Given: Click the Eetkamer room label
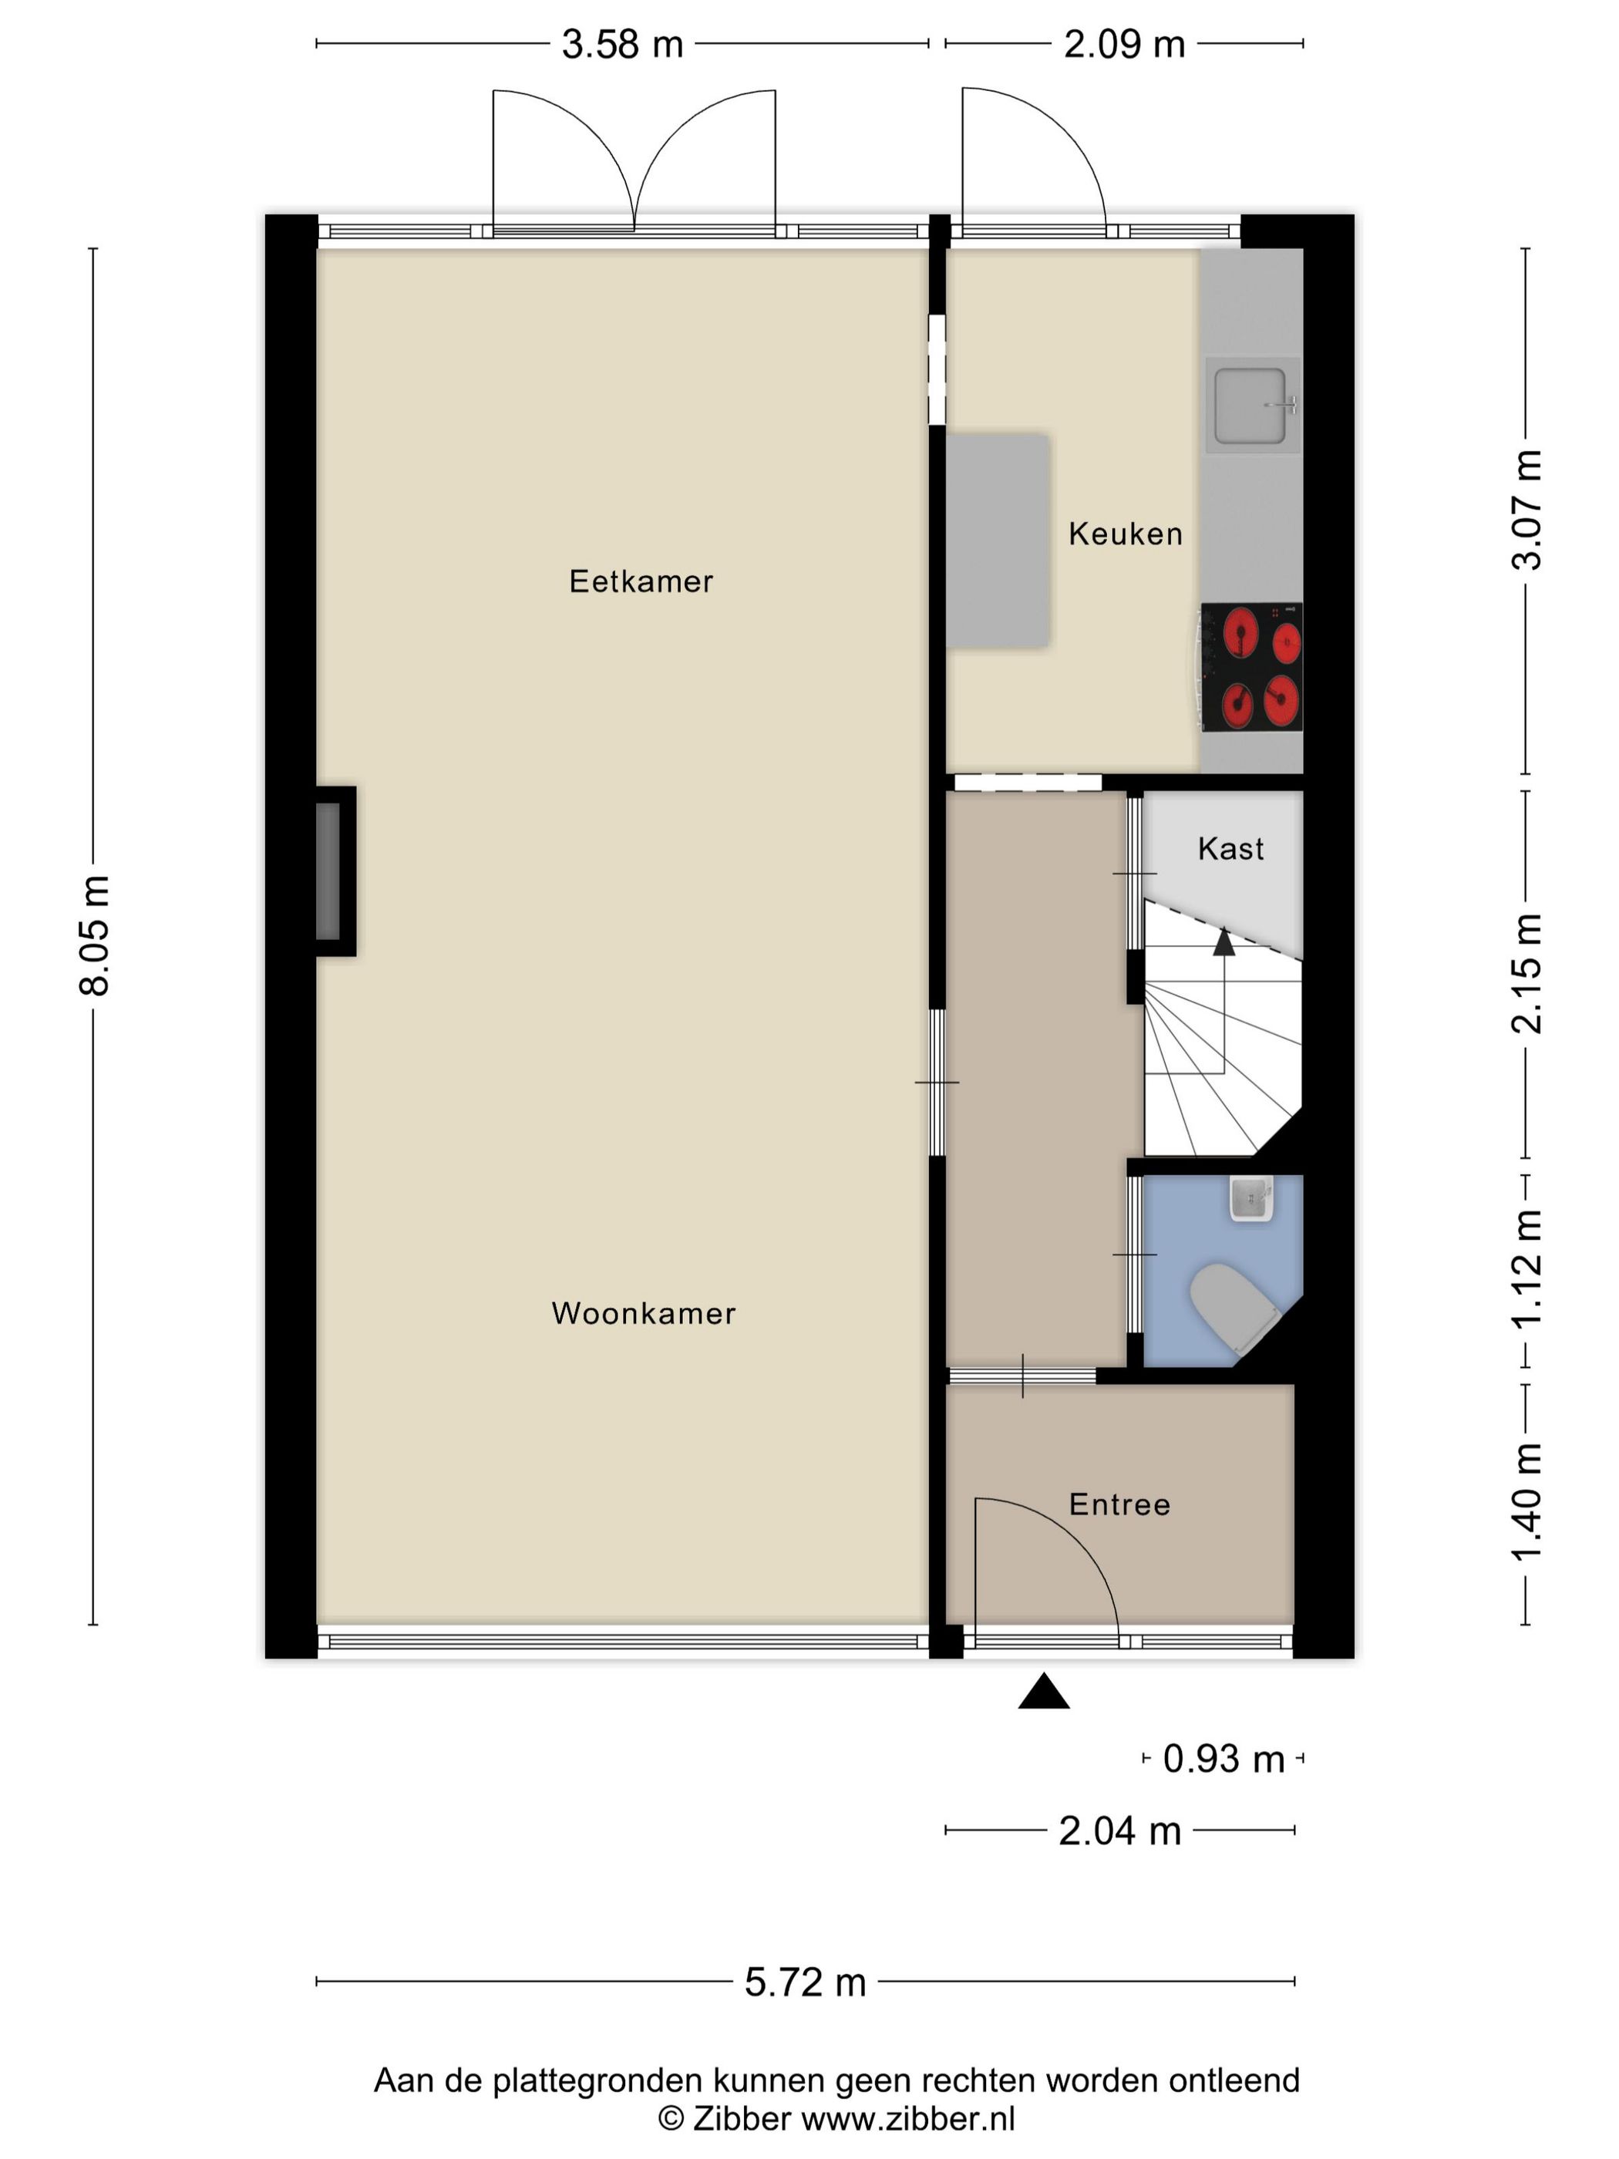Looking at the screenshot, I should [641, 581].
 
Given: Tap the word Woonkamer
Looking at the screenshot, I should [643, 1314].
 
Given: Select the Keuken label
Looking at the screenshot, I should [1125, 534].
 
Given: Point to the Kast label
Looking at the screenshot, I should [1230, 849].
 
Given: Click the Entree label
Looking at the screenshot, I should [1119, 1504].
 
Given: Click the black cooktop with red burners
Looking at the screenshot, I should [1252, 668].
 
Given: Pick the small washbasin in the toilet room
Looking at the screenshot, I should [1251, 1198].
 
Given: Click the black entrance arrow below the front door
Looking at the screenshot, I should [1043, 1694].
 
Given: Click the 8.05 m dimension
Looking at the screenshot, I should [95, 935].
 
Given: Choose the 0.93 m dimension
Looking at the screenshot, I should [1223, 1759].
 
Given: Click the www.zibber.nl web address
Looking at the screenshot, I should [907, 2119].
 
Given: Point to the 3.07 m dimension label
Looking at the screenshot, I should [1527, 510].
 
